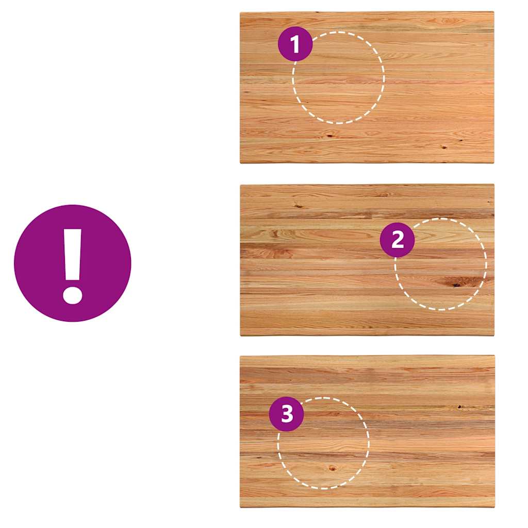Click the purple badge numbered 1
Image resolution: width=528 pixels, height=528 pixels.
coord(295,44)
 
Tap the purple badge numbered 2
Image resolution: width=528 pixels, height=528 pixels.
coord(398,240)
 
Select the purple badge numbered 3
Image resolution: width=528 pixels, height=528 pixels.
coord(287,414)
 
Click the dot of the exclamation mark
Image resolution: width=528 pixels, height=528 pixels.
coord(72,294)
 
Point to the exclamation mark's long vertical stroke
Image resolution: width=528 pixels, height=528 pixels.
coord(72,255)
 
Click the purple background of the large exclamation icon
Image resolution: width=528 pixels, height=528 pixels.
coord(37,262)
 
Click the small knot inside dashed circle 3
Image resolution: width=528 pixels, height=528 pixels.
coord(332,468)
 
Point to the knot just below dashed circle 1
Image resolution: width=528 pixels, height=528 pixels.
coord(329,136)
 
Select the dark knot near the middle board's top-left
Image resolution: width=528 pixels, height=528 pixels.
coord(298,205)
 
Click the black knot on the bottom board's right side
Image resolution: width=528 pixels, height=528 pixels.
coord(459,407)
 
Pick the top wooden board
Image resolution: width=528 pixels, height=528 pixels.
coord(367,88)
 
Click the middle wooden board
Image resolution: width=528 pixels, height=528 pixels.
coord(367,260)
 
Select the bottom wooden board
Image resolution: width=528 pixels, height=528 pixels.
coord(367,432)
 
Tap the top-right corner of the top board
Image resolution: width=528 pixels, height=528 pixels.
coord(493,12)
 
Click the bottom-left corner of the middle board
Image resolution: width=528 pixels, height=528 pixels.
coord(240,335)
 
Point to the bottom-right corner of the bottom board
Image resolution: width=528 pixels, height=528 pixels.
coord(494,507)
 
